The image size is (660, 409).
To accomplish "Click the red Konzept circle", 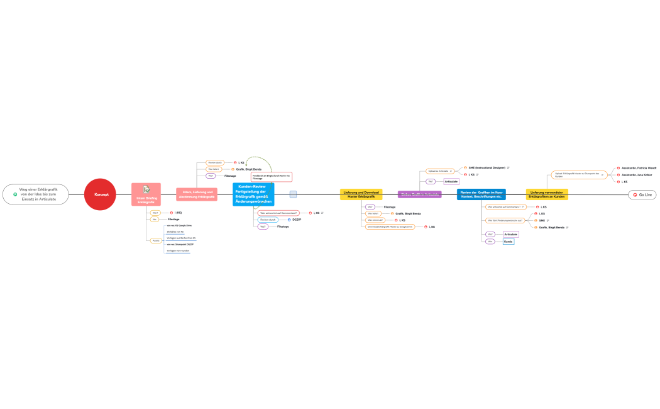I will pos(101,194).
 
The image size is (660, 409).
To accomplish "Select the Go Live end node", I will pos(642,195).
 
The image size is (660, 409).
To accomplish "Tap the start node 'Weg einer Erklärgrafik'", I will pos(37,194).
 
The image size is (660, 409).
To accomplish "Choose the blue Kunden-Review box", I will pos(253,194).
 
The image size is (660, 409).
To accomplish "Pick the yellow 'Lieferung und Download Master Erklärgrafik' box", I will pos(361,194).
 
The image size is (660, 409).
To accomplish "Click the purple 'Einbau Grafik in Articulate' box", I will pos(419,194).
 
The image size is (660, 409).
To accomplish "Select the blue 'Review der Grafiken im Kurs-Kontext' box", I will pos(481,194).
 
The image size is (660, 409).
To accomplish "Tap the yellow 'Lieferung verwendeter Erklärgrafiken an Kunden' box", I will pos(546,194).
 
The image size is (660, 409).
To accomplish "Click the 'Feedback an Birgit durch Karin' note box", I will pos(271,177).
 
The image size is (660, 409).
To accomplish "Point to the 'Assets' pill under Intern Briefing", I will pos(155,240).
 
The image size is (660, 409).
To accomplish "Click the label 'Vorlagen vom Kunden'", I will pos(177,250).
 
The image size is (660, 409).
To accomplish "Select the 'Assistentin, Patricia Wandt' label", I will pos(639,168).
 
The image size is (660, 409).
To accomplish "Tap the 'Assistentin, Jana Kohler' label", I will pos(637,174).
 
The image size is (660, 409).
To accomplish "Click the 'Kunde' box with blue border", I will pos(509,241).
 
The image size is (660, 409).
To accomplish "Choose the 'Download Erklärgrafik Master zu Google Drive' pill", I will pos(390,227).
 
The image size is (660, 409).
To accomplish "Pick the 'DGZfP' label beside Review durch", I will pos(297,219).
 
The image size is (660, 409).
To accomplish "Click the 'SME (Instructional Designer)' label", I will pos(487,167).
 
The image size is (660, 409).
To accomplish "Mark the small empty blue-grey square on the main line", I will pos(293,194).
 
